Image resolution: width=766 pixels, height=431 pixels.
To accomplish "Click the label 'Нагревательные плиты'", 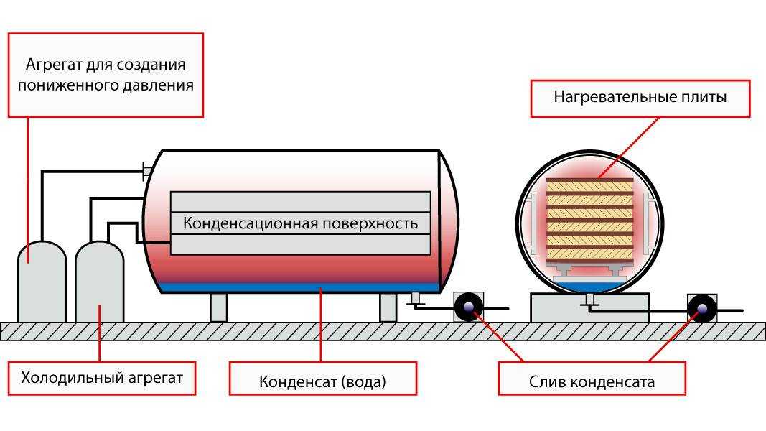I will tap(640, 97).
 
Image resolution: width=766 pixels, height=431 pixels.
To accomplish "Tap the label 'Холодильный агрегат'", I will tap(102, 377).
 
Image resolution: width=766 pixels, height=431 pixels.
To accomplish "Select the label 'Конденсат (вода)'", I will tap(322, 381).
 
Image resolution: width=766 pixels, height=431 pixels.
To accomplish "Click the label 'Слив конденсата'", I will tap(592, 381).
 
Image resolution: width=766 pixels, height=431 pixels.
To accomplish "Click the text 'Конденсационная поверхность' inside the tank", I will tap(300, 223).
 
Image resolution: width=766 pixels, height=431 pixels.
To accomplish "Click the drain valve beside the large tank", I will tap(468, 307).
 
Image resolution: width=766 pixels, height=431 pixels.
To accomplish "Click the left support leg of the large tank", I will tap(218, 307).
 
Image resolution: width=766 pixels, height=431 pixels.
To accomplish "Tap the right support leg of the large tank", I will tap(388, 307).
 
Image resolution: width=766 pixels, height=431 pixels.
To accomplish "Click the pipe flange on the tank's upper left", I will tap(147, 170).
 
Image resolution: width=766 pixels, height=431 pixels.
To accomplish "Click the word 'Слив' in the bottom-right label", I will tap(546, 381).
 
